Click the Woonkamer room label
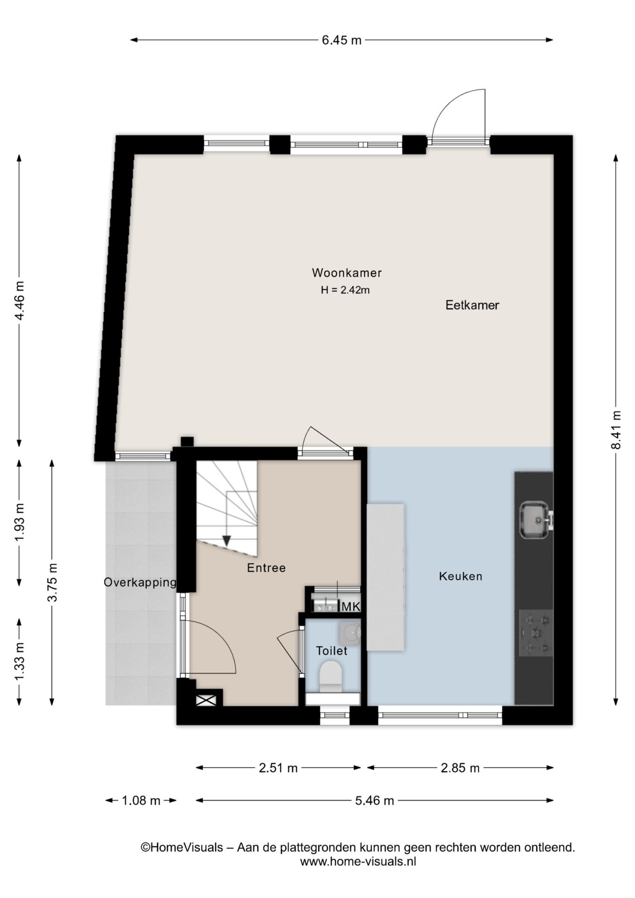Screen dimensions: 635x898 (347, 272)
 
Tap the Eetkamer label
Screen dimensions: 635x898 (472, 305)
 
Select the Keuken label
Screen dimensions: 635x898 (461, 576)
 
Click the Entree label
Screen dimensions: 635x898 (266, 568)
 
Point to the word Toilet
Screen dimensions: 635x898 (332, 651)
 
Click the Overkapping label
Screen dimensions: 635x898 (140, 583)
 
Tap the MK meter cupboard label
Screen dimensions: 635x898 (351, 607)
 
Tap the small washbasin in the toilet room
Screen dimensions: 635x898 (350, 632)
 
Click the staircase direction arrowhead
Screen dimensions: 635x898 (227, 540)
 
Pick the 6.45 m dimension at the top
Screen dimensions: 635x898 (342, 40)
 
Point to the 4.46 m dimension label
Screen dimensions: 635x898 (19, 300)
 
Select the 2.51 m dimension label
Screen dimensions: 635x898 (278, 768)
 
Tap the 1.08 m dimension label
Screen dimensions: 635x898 (141, 800)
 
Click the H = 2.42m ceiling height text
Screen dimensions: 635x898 (345, 290)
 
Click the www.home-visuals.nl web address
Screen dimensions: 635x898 (358, 862)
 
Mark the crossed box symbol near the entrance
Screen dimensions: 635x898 (206, 700)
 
